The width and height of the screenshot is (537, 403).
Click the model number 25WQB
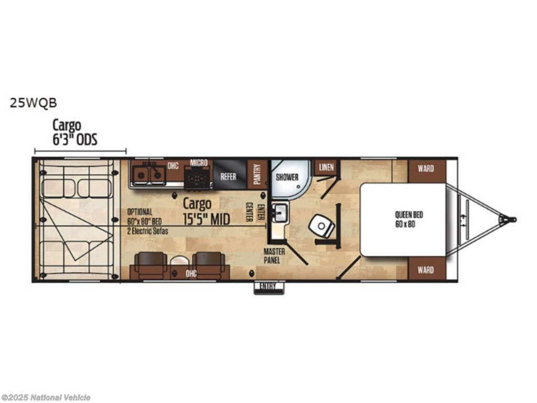(33, 103)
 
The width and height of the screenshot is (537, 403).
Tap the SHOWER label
(287, 177)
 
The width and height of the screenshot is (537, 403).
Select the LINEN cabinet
(326, 167)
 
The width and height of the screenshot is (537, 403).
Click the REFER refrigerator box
(229, 176)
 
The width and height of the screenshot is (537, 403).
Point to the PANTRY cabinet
(257, 174)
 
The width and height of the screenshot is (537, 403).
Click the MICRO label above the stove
(199, 163)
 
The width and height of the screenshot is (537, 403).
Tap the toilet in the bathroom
(321, 226)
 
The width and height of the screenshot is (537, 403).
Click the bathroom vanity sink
(280, 213)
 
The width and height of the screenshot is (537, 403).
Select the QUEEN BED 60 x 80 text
(409, 219)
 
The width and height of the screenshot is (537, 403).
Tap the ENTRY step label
(268, 287)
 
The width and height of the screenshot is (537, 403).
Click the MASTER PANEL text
(274, 256)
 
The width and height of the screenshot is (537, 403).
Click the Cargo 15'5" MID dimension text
(206, 211)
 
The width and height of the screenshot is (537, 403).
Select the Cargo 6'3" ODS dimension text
(74, 132)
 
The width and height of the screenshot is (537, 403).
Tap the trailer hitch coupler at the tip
(510, 219)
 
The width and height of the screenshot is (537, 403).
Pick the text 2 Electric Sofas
(147, 231)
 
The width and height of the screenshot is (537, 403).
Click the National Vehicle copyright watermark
(45, 397)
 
